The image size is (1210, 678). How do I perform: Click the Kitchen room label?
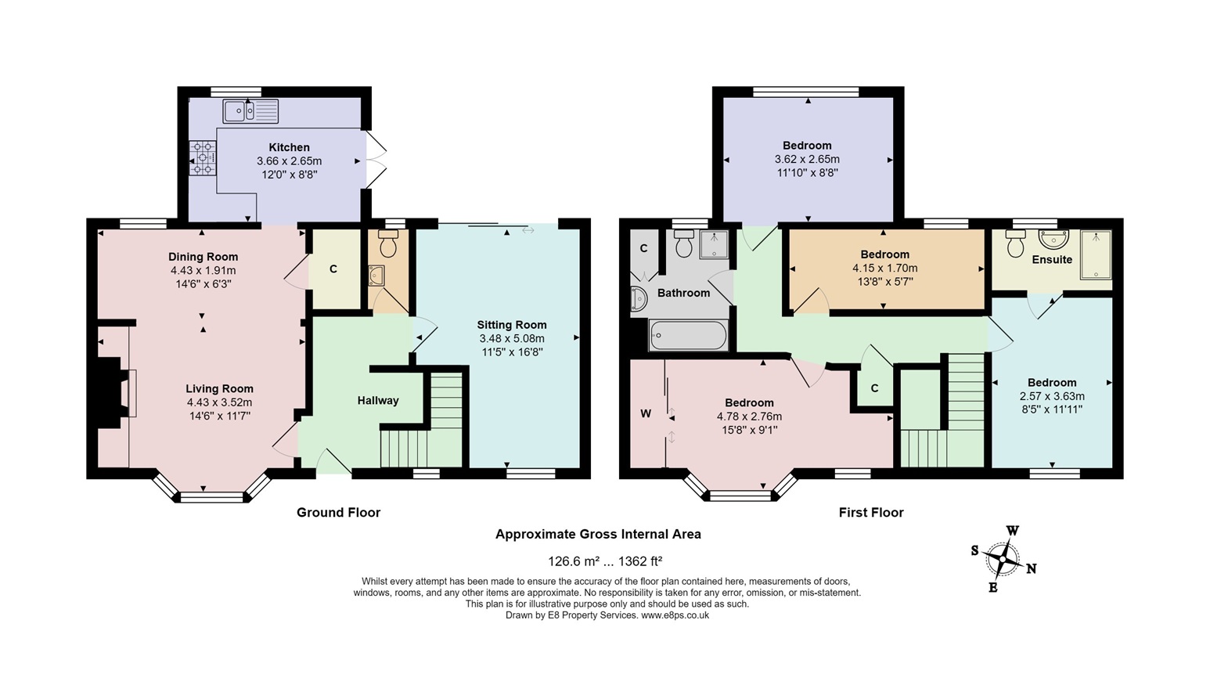[289, 147]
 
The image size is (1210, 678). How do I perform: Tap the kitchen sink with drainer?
[250, 111]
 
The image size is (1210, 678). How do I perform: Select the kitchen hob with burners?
[203, 157]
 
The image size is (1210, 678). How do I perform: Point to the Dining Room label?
[203, 257]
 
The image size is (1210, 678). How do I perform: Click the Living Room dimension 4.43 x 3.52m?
[219, 402]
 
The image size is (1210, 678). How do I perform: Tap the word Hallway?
[378, 400]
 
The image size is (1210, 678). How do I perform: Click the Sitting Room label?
[512, 325]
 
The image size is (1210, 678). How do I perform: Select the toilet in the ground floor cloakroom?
[388, 243]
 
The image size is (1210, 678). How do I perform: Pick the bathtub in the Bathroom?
[688, 336]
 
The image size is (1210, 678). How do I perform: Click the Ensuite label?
[1052, 259]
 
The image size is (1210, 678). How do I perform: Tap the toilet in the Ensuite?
[1016, 243]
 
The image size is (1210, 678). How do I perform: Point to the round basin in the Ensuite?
[1054, 240]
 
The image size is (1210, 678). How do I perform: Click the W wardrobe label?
[646, 414]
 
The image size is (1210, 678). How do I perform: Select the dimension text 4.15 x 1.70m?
[885, 268]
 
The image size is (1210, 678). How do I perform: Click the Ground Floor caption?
[339, 512]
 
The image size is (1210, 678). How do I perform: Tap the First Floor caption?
[871, 512]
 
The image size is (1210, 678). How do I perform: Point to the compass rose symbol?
[1003, 559]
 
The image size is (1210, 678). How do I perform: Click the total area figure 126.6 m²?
[574, 561]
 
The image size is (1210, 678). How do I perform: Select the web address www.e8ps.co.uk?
[675, 615]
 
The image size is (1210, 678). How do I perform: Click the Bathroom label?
[683, 293]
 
